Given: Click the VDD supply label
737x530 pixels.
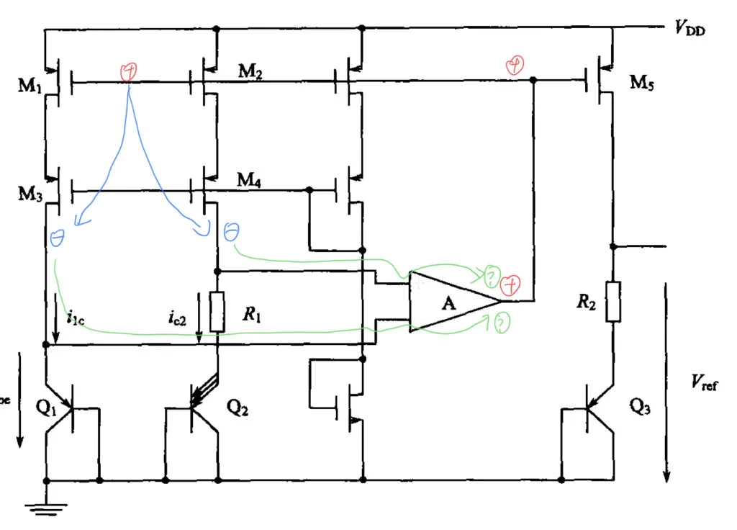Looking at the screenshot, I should click(689, 29).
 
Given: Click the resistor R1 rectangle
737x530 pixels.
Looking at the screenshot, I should click(217, 311).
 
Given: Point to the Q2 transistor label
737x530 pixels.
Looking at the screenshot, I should click(238, 407).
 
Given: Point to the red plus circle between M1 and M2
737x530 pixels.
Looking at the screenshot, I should click(129, 71).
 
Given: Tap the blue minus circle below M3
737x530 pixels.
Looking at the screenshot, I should click(57, 237).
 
